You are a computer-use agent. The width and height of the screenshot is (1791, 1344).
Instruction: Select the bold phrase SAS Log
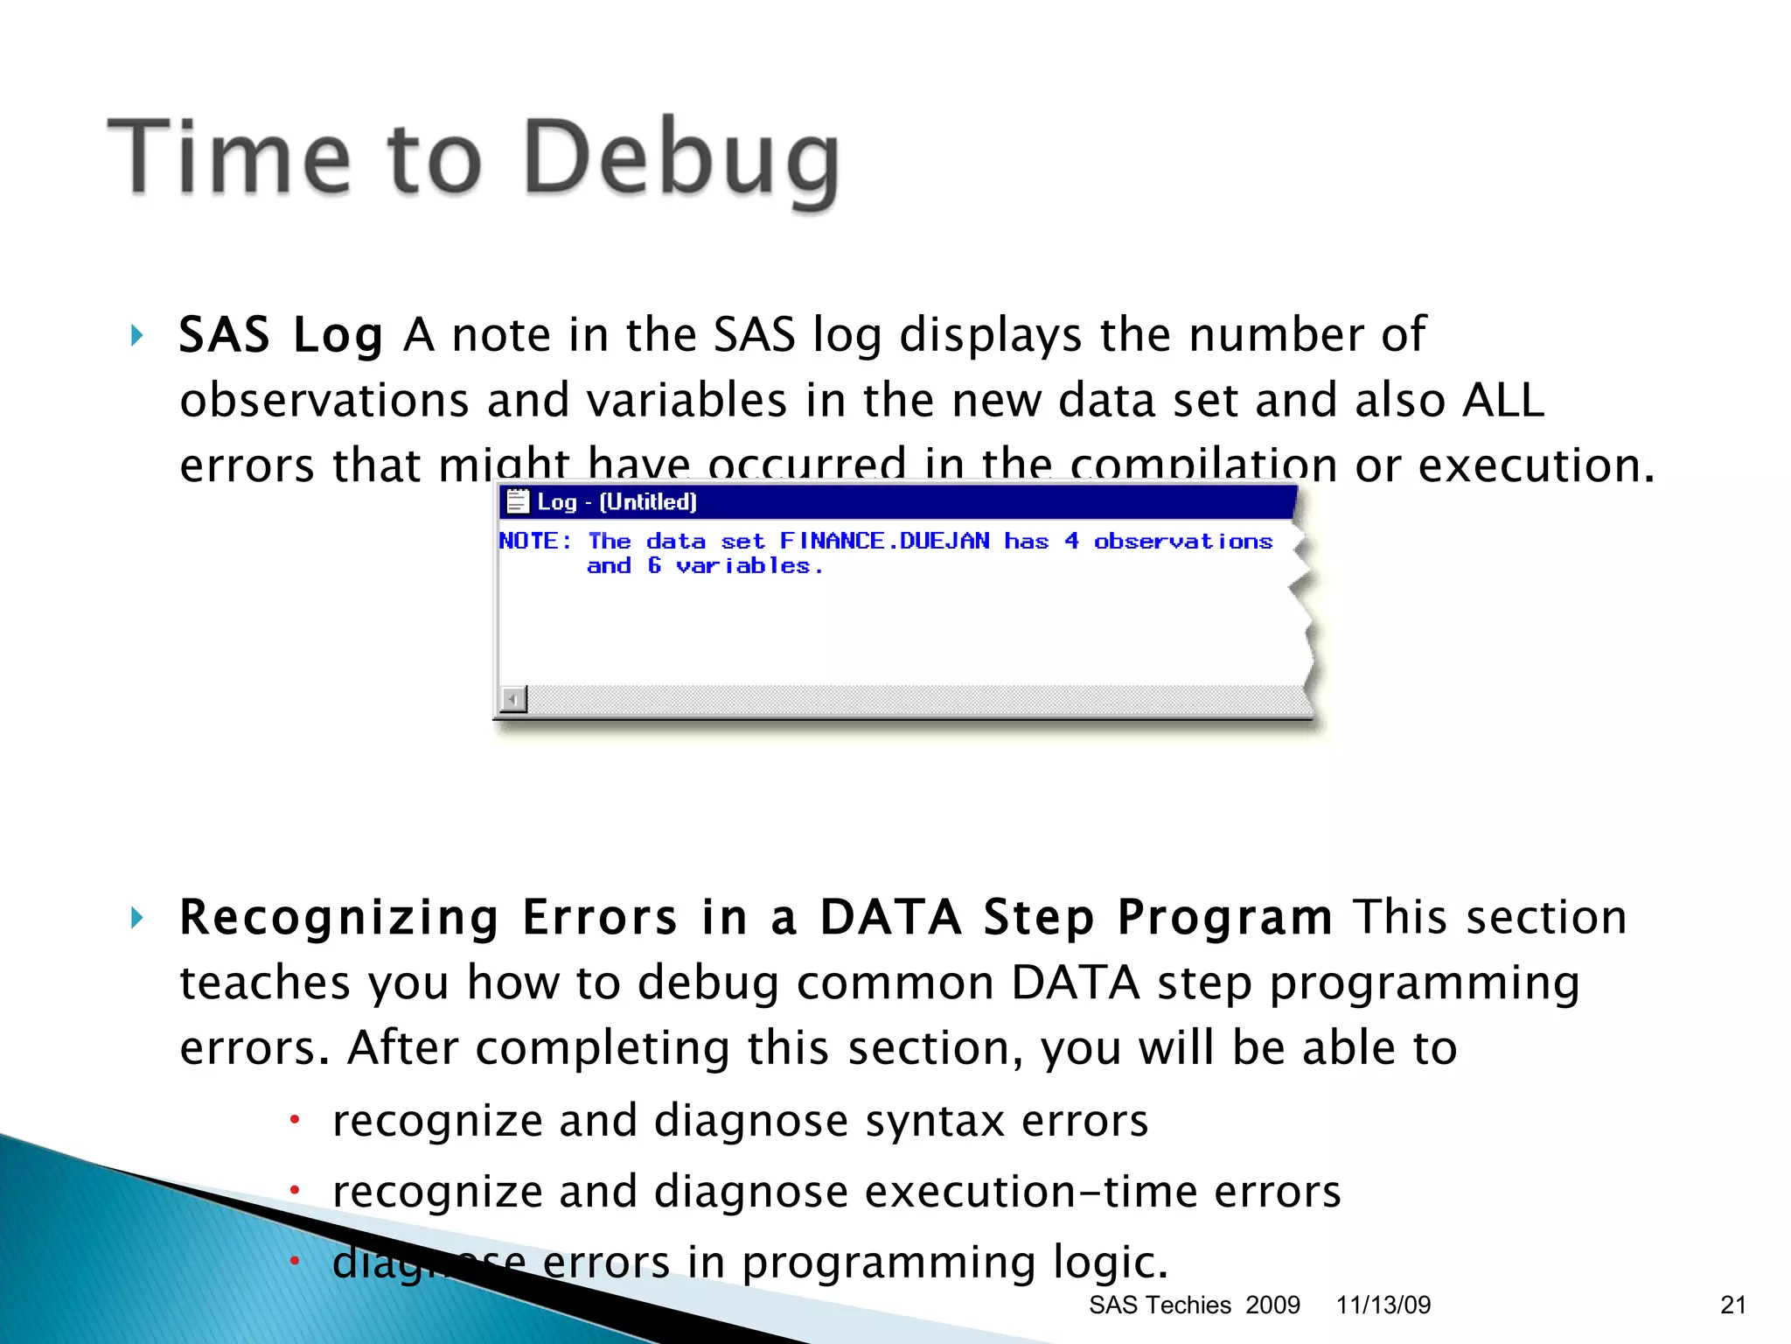pos(281,335)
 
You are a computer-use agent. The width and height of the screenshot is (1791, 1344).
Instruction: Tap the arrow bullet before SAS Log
pos(136,335)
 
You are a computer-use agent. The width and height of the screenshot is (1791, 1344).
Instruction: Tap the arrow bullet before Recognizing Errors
pos(136,918)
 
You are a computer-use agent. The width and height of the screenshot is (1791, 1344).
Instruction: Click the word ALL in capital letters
pos(1503,401)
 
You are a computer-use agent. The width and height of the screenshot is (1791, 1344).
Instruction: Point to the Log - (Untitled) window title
pos(617,502)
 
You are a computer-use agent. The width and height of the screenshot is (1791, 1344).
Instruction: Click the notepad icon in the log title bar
pos(518,501)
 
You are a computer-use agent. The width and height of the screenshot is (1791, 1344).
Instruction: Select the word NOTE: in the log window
pos(535,542)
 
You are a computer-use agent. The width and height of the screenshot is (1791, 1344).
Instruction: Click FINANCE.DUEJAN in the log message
pos(884,542)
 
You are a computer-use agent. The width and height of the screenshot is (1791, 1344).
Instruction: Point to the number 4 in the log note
pos(1071,542)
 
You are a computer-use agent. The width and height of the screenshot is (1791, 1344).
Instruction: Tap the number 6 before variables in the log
pos(654,566)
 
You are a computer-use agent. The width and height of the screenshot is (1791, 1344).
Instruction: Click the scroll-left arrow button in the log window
pos(513,699)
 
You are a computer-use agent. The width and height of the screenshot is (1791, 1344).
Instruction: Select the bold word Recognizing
pos(339,918)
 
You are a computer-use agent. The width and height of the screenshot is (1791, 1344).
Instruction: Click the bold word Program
pos(1224,918)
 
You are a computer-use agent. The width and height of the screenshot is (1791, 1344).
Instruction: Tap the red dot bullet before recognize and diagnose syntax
pos(296,1119)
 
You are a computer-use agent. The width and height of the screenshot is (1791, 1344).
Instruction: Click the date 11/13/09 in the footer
pos(1383,1305)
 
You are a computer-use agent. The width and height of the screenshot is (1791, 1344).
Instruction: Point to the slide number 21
pos(1732,1305)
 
